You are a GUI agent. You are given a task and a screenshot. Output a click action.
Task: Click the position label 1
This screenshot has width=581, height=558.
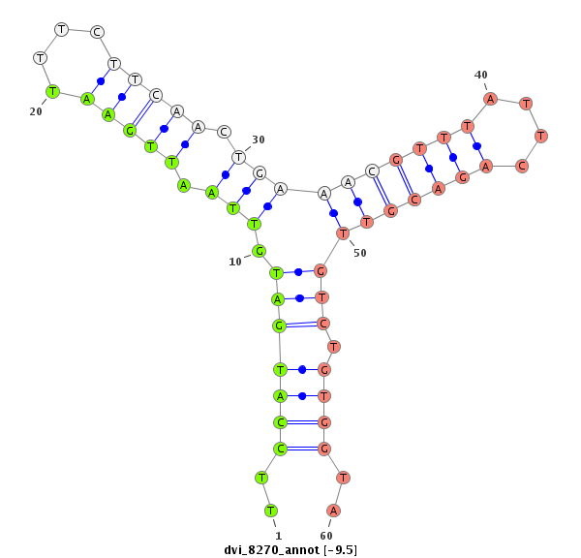tap(277, 535)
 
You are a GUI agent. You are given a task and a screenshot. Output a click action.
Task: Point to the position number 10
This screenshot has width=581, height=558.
tap(235, 262)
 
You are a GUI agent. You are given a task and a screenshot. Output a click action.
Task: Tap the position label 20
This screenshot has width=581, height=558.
tap(36, 111)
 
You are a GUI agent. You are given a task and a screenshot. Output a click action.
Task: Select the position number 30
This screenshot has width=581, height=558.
tap(259, 139)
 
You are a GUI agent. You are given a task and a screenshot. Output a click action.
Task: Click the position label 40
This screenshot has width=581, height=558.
tap(481, 75)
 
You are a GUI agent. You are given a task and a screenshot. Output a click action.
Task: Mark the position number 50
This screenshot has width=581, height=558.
tap(360, 253)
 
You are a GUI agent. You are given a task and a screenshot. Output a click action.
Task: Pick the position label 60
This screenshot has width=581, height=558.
tap(326, 535)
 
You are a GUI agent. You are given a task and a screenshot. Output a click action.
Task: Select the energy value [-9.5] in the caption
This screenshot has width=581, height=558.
tap(340, 550)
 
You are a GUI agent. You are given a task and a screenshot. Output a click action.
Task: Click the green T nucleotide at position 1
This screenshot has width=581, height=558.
tap(271, 511)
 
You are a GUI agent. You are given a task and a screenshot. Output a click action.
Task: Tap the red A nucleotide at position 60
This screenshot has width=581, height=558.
tap(333, 511)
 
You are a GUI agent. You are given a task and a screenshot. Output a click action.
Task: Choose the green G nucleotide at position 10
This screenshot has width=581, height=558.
tap(260, 251)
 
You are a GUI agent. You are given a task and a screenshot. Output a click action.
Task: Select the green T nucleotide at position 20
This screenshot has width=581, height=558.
tap(52, 91)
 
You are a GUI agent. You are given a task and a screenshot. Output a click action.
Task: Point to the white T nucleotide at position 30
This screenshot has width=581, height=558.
tap(237, 156)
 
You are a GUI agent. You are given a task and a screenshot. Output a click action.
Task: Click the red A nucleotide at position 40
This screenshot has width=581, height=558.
tap(491, 98)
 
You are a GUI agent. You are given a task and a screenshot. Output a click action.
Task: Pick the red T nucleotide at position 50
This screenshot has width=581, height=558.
tap(343, 233)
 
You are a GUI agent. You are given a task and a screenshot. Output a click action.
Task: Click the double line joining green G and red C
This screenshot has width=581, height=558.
tap(301, 325)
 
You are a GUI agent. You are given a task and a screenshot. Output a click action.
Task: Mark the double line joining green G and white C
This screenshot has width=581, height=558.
tap(142, 112)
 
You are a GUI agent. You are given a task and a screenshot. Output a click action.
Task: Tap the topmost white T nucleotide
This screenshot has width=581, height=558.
tap(61, 29)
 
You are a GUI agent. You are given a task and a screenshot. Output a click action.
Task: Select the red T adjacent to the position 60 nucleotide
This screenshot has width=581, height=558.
tap(343, 478)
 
